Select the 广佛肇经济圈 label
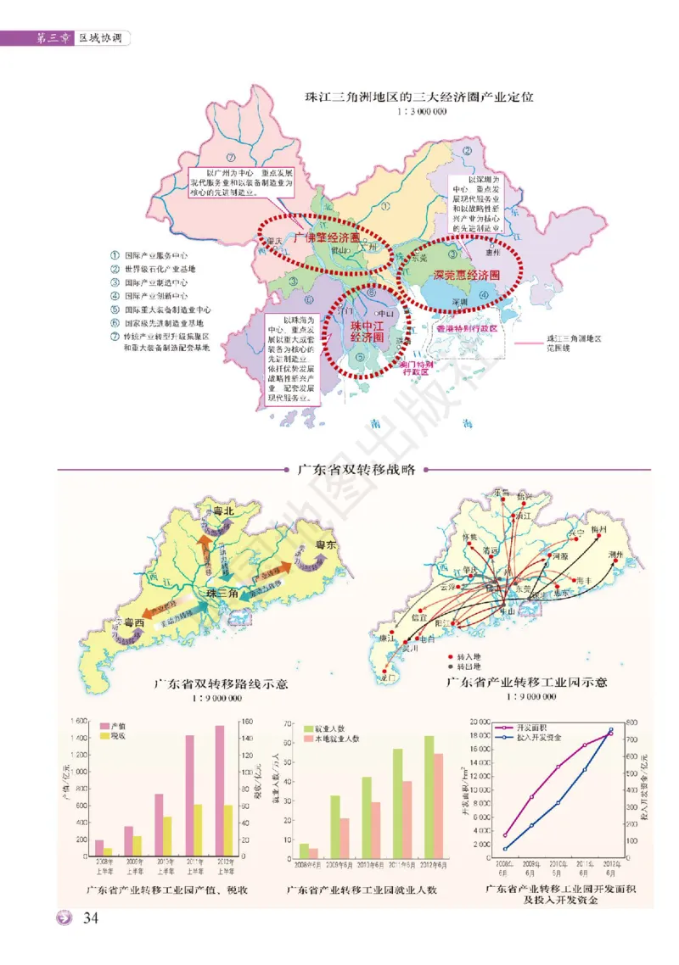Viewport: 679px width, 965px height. (325, 240)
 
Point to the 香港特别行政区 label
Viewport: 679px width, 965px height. (466, 326)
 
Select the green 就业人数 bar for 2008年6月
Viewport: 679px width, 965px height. (304, 850)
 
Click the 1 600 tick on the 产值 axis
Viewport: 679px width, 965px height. (78, 721)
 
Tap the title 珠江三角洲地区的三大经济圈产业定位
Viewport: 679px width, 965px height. (419, 98)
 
